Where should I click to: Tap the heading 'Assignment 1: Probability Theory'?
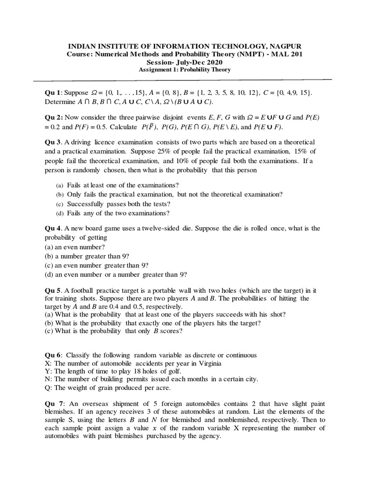point(185,69)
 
